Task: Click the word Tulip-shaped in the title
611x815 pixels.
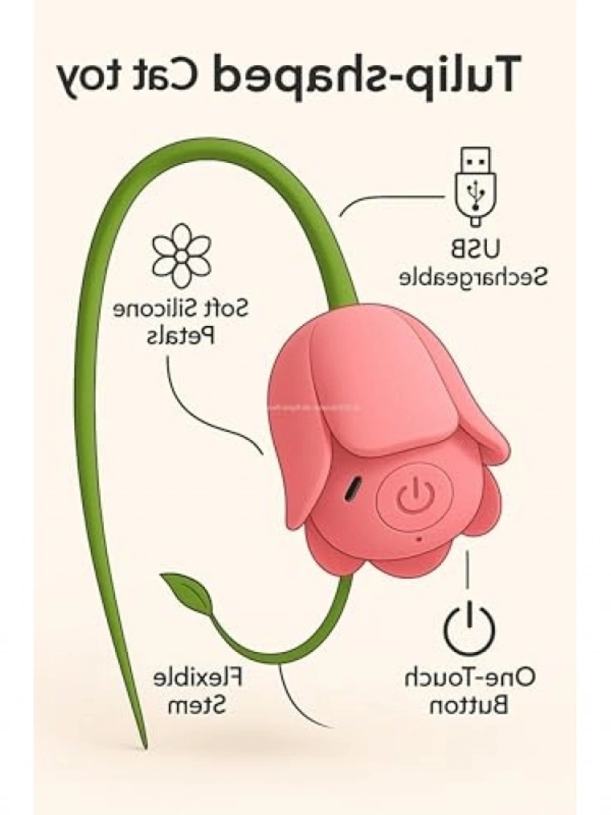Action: click(365, 76)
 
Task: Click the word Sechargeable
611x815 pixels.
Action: click(473, 277)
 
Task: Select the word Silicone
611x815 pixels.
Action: click(155, 310)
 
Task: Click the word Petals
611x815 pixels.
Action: click(181, 336)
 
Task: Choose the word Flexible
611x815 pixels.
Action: click(198, 678)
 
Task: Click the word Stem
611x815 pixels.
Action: click(198, 706)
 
